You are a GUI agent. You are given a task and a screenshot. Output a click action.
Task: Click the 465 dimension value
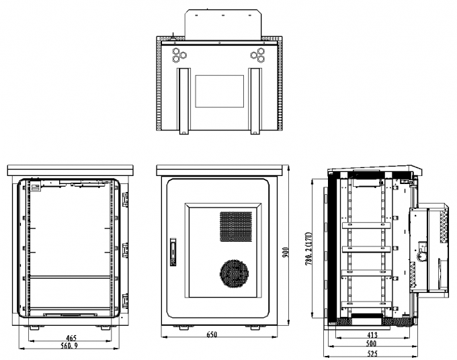click(x=71, y=338)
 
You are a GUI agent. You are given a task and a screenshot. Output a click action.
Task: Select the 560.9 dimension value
click(x=69, y=346)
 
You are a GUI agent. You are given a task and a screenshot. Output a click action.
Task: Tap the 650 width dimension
click(x=212, y=334)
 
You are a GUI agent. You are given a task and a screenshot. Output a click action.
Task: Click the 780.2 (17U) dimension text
click(x=308, y=248)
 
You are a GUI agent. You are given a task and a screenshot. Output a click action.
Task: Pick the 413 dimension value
click(x=372, y=335)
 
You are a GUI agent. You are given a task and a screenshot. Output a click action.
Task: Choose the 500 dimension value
click(x=371, y=343)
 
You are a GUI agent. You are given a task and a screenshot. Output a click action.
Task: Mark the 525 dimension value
click(x=372, y=353)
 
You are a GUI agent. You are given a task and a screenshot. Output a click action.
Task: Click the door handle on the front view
click(x=173, y=252)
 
